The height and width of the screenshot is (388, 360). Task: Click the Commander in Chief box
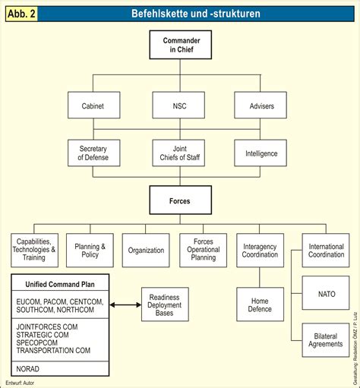click(x=179, y=45)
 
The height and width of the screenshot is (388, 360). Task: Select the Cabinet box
click(x=93, y=106)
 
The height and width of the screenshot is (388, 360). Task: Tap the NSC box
click(x=179, y=106)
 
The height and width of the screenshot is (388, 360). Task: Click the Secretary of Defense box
click(x=93, y=153)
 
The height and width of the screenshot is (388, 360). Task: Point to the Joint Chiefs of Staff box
click(x=179, y=153)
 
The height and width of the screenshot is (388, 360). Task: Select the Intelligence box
click(x=261, y=153)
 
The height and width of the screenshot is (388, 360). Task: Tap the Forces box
click(x=179, y=202)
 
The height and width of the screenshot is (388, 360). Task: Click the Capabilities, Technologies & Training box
click(x=33, y=249)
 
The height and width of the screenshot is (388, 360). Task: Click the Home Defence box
click(x=260, y=304)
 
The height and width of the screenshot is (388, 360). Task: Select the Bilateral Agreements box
click(x=326, y=339)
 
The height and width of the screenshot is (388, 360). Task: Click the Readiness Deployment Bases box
click(x=165, y=304)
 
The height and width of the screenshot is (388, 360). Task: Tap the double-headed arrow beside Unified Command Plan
click(x=125, y=304)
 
